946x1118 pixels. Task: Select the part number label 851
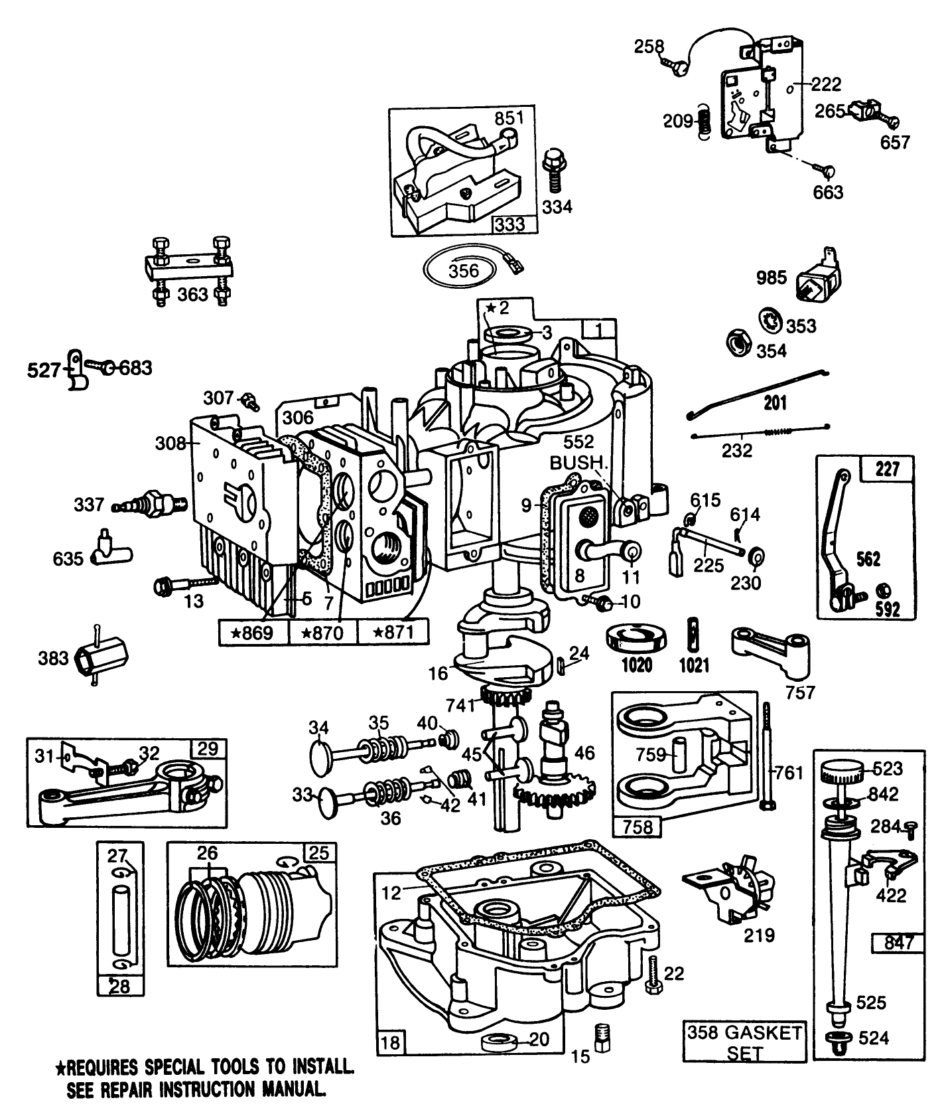pos(509,118)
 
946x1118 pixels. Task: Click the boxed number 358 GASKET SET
pos(744,1042)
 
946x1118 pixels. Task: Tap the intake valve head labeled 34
pos(321,753)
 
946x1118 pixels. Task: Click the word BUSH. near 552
pos(576,463)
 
